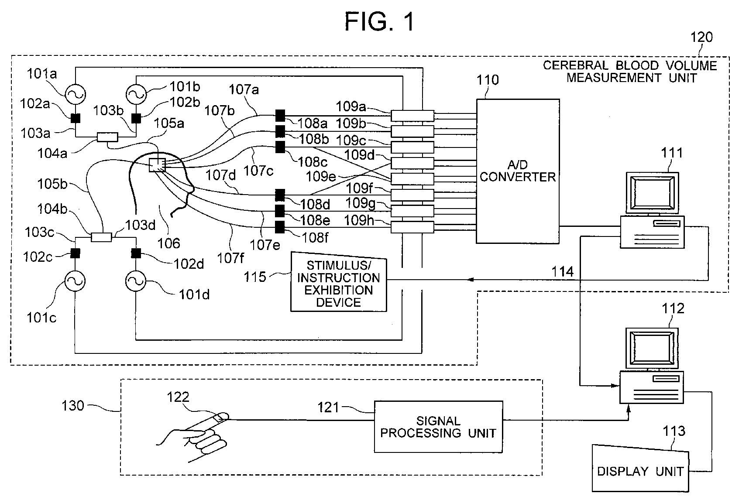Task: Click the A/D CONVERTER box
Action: (518, 171)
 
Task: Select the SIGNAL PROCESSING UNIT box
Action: (438, 427)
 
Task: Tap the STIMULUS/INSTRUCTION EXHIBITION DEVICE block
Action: (339, 282)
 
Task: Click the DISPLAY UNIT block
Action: (640, 468)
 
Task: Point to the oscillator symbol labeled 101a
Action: (75, 94)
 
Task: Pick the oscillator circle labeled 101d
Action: (136, 281)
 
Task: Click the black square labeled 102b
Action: (136, 118)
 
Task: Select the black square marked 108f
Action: (280, 227)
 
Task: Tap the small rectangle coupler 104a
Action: (107, 137)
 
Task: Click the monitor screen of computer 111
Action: (652, 193)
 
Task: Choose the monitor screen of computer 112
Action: (652, 348)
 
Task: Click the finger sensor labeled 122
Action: (221, 417)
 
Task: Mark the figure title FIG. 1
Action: (379, 21)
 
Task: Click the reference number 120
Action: (701, 37)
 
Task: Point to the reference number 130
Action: (73, 406)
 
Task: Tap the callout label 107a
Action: (244, 89)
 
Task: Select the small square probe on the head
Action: (157, 165)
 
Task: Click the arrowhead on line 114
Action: (471, 280)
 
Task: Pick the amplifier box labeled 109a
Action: (412, 116)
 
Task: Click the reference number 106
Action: (168, 243)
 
